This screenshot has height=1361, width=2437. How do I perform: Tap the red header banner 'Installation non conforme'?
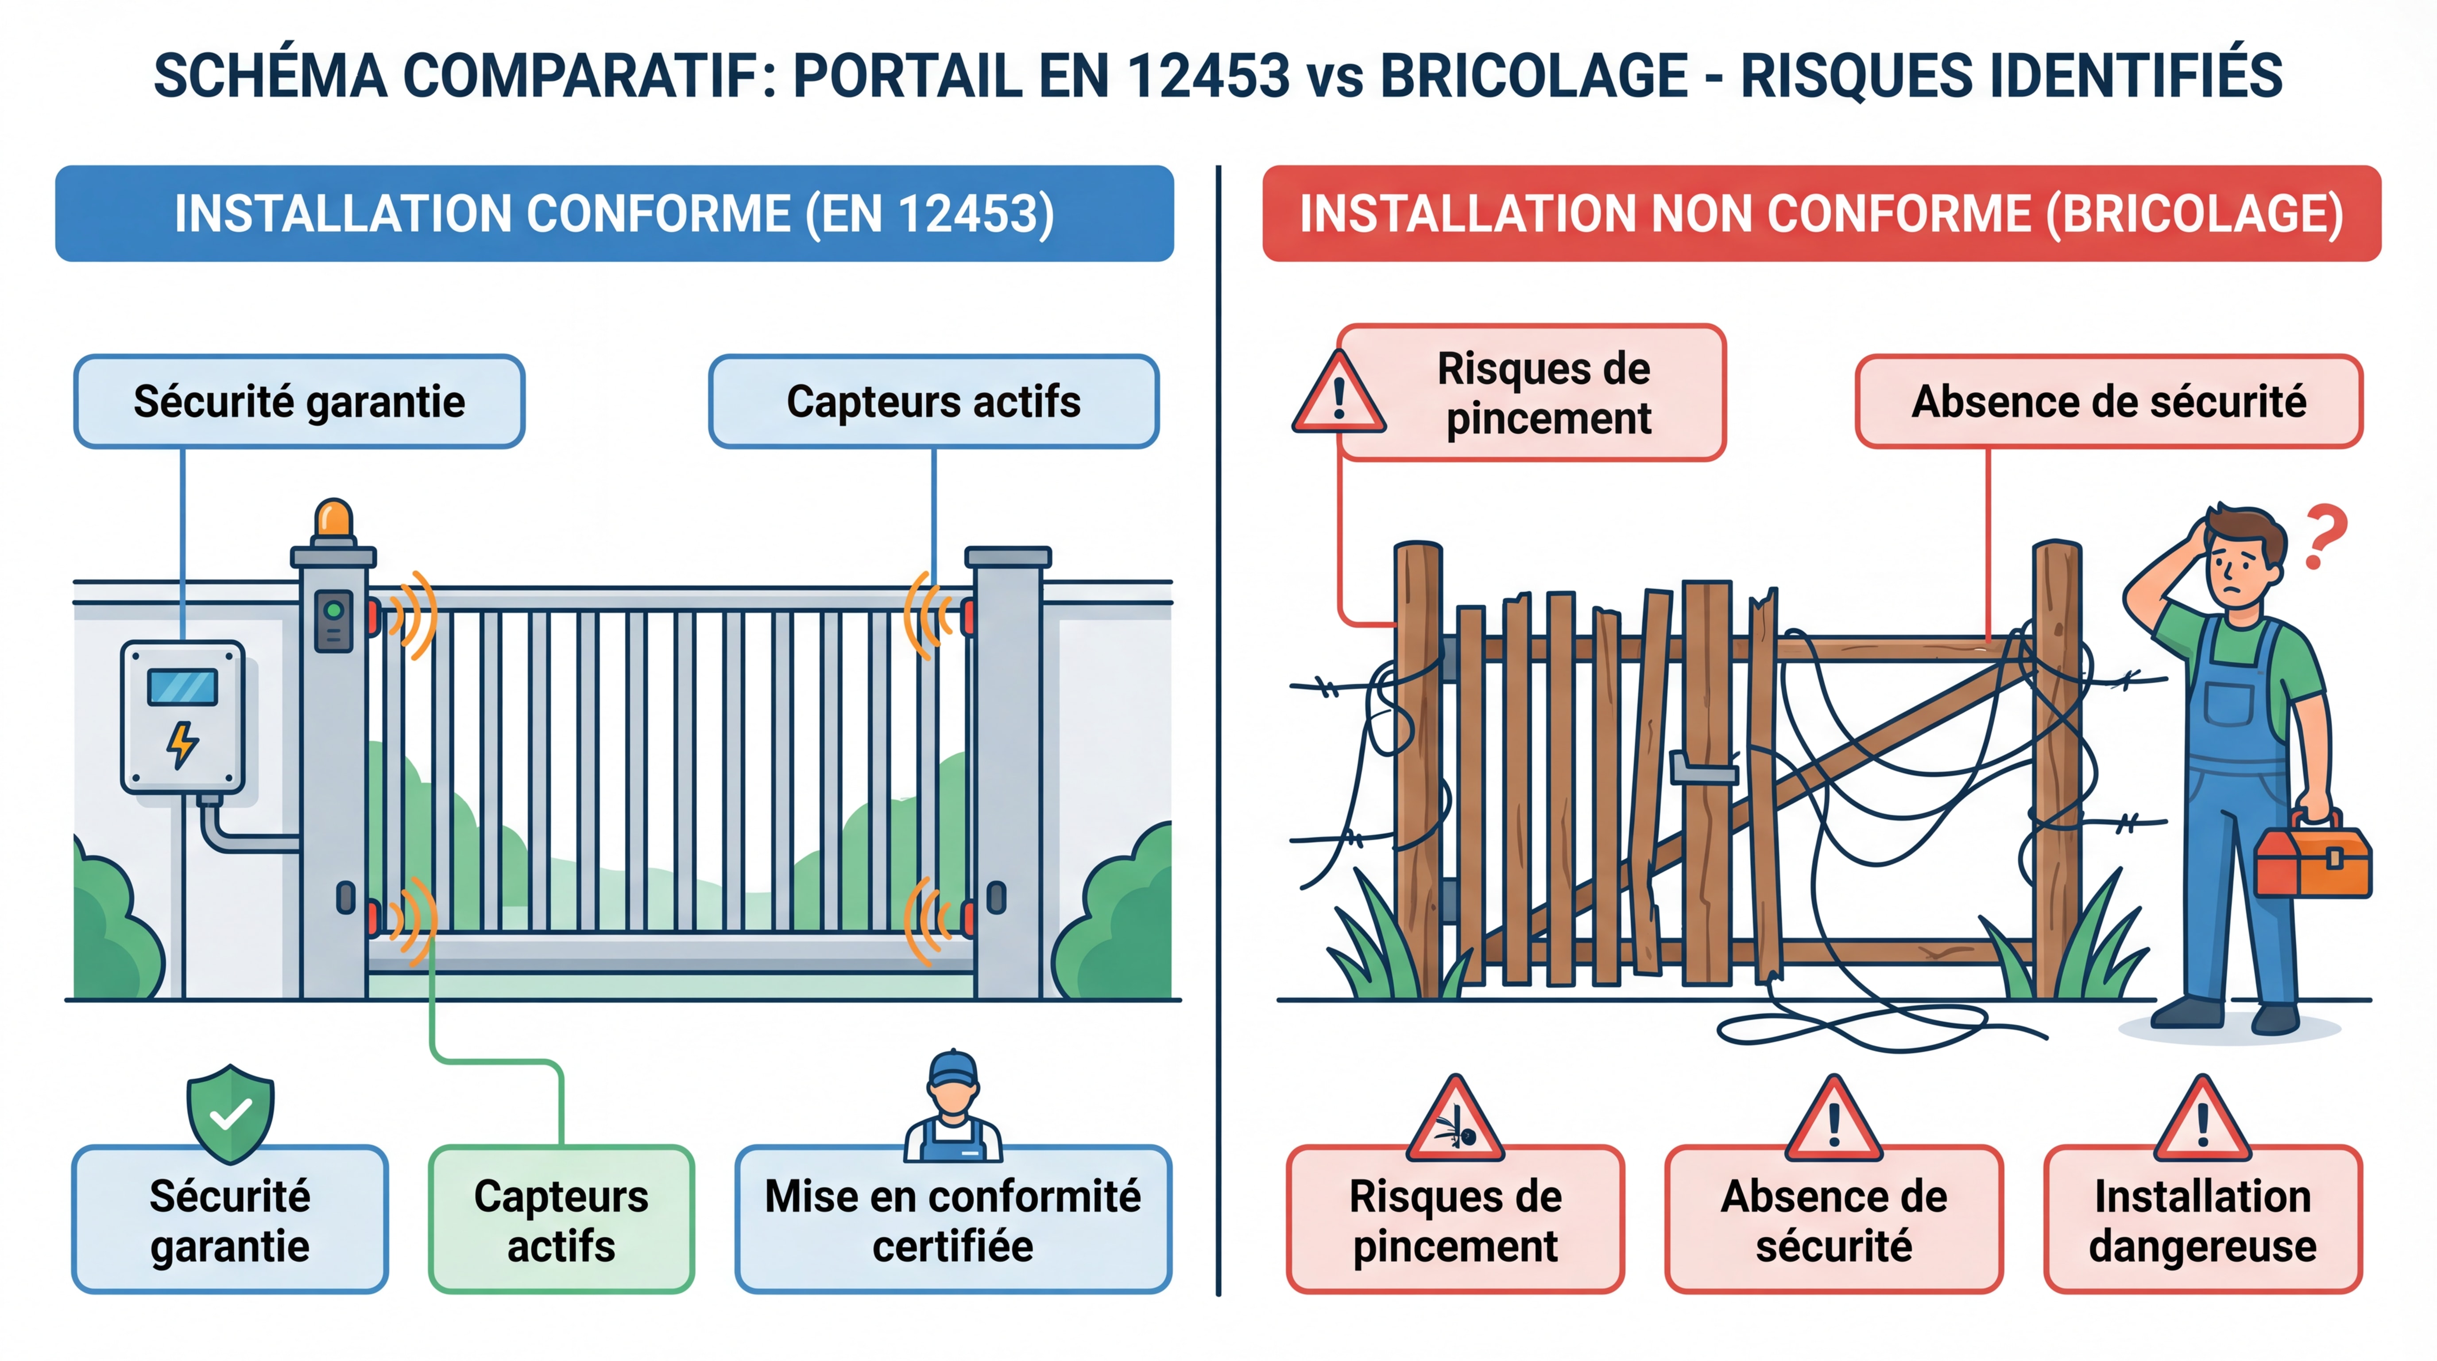pos(1821,214)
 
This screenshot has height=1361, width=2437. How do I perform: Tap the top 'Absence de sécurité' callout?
pos(2109,401)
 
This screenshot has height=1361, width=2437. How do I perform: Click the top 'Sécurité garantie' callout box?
pos(299,401)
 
